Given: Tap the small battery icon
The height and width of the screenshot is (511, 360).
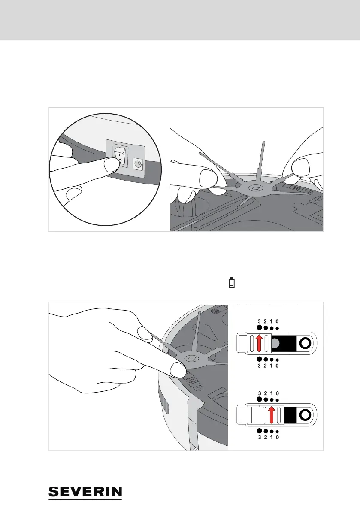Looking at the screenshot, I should click(232, 283).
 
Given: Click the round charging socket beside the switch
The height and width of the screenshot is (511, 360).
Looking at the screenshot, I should click(139, 163).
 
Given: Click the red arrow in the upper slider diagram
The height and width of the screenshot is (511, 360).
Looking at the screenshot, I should click(259, 343).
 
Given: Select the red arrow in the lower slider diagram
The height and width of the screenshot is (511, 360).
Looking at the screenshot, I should click(271, 416).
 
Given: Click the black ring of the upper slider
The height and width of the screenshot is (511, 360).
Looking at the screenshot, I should click(306, 343).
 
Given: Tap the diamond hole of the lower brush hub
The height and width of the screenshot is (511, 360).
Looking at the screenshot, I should click(191, 358).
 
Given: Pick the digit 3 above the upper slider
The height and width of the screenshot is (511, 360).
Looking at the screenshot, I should click(259, 321).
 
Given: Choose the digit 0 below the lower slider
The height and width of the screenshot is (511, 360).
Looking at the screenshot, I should click(278, 438).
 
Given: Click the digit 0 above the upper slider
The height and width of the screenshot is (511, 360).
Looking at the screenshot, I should click(278, 321).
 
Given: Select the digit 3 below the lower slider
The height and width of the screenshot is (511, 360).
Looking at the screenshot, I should click(259, 438).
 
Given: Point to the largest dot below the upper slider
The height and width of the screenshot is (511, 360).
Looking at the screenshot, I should click(259, 359).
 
